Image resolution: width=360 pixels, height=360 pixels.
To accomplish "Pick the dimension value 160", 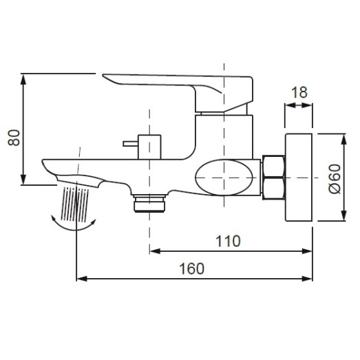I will point(191,269).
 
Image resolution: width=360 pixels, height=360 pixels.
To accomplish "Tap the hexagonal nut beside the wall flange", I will point(275,176).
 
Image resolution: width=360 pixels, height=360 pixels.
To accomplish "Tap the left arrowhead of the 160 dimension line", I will point(79,279).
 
